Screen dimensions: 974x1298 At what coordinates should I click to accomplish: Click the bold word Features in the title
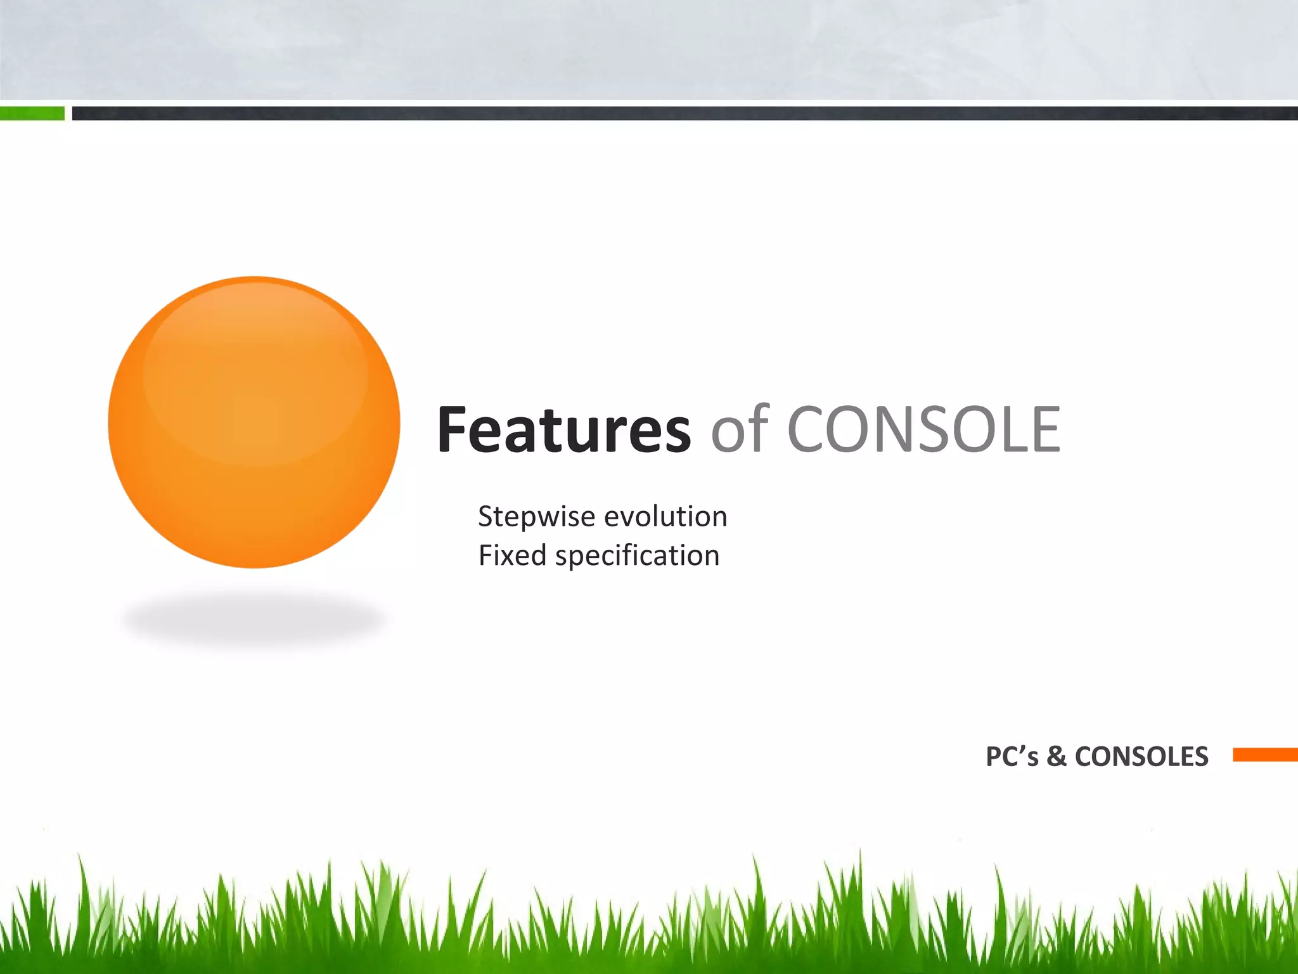tap(563, 430)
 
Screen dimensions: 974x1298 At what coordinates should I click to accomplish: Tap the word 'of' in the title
tap(740, 430)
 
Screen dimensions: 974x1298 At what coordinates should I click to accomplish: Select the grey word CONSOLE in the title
tap(923, 430)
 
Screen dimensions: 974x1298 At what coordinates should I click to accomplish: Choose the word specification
tap(637, 556)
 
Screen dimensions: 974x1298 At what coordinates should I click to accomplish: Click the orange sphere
tap(254, 422)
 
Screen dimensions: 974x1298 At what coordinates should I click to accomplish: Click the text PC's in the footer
tap(1012, 756)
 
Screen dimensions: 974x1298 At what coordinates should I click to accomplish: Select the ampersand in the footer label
tap(1057, 756)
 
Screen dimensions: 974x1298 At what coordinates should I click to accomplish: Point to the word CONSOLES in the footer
tap(1141, 756)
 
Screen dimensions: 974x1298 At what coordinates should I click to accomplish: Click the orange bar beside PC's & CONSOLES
tap(1265, 755)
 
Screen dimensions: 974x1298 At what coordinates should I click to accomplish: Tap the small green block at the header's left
tap(32, 114)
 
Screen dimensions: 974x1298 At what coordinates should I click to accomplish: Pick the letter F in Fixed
tap(485, 555)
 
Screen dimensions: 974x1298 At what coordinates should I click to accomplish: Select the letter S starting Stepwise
tap(485, 517)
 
